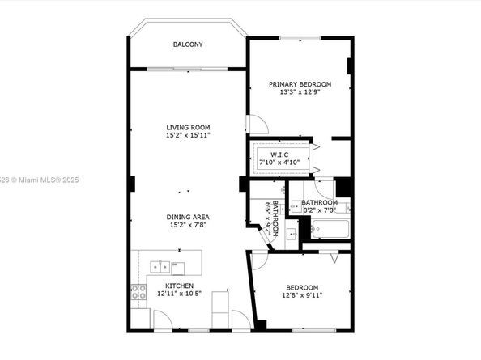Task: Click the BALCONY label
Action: coord(188,44)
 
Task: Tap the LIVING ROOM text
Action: coord(188,127)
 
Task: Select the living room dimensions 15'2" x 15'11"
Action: coord(188,135)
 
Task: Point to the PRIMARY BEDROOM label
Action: coord(300,84)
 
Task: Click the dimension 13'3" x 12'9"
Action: coord(300,92)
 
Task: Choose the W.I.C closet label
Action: coord(280,155)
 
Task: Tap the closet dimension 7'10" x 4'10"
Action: coord(280,163)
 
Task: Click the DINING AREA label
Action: coord(188,217)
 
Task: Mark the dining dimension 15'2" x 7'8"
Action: coord(188,225)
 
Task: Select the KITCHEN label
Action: coord(179,286)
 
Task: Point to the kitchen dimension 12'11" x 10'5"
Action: coord(179,294)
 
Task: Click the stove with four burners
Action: coord(137,292)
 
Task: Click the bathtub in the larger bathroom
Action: coord(330,230)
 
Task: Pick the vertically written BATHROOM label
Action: coord(275,218)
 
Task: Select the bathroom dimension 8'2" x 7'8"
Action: coord(319,210)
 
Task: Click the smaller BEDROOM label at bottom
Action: coord(302,287)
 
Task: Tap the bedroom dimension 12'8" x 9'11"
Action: coord(302,295)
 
